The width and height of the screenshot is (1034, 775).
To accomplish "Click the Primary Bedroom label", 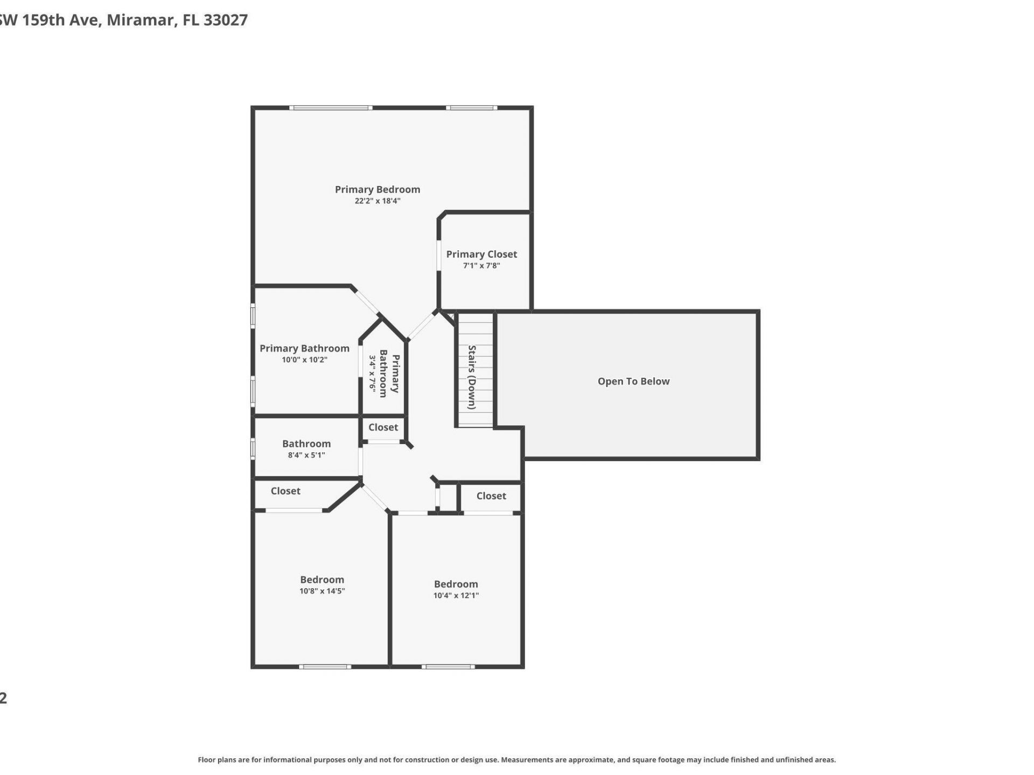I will tap(377, 189).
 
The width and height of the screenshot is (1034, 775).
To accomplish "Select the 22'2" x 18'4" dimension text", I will tap(377, 201).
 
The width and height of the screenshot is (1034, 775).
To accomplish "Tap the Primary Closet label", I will tap(481, 254).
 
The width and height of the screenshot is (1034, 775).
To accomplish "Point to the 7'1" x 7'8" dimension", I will tap(481, 266).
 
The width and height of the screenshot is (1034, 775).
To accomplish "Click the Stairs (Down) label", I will tap(472, 377).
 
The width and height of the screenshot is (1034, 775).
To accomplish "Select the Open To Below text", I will tap(633, 382).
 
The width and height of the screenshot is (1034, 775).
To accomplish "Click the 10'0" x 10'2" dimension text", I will tap(304, 360).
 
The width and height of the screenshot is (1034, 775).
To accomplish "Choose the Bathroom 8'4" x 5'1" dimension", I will tap(306, 455).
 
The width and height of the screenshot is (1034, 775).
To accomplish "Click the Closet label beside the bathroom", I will tap(285, 491).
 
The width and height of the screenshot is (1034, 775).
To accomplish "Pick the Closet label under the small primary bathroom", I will tap(383, 427).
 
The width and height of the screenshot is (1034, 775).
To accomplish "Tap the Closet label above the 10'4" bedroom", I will tap(491, 496).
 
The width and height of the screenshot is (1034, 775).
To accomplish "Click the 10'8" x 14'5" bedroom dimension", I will tap(322, 591).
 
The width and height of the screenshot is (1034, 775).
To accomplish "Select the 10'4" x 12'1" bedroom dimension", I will tap(456, 596).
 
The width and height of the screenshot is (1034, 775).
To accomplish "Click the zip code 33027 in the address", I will tap(226, 20).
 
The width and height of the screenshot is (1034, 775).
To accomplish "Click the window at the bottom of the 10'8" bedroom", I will tap(325, 667).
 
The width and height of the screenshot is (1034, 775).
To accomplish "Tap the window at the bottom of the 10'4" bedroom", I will tap(448, 667).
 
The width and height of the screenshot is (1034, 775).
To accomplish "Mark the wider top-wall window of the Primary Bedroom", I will tap(331, 108).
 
